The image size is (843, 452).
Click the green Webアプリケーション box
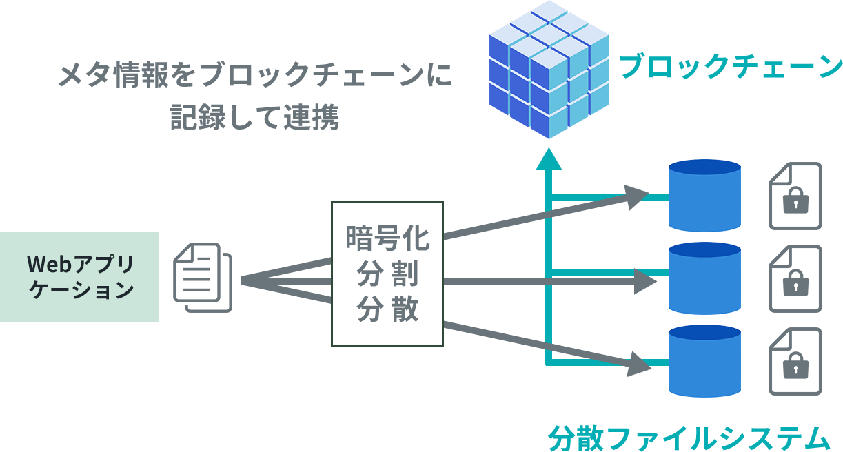(80, 277)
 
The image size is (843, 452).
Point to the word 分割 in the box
(387, 274)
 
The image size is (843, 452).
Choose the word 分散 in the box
(387, 309)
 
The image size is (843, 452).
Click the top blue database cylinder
(704, 196)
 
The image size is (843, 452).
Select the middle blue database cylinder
(704, 278)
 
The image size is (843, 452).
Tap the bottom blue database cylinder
(704, 362)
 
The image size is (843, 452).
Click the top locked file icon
(795, 196)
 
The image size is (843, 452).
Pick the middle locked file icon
(795, 278)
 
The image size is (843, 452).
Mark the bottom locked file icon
(795, 362)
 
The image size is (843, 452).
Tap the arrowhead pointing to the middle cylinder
(642, 281)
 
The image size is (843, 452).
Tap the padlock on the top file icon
(796, 203)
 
